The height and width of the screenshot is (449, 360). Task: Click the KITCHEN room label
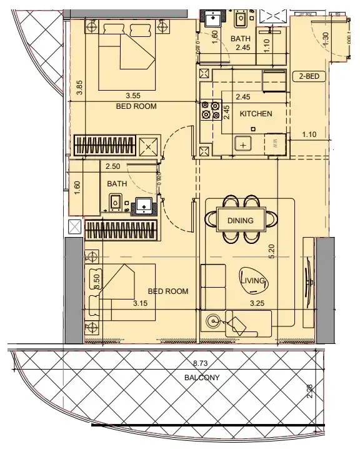(256, 114)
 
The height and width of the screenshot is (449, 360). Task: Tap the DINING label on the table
(240, 220)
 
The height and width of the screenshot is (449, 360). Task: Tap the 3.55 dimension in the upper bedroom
(132, 96)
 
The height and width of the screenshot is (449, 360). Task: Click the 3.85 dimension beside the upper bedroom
(79, 88)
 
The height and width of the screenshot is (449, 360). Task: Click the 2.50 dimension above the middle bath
(112, 167)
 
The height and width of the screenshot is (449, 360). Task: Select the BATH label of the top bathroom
(241, 39)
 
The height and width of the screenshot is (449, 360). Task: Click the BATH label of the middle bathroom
(117, 184)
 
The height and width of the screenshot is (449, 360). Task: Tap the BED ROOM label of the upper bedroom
(136, 106)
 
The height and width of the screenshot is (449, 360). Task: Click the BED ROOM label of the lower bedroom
(167, 291)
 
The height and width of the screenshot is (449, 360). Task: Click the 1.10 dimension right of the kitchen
(308, 133)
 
